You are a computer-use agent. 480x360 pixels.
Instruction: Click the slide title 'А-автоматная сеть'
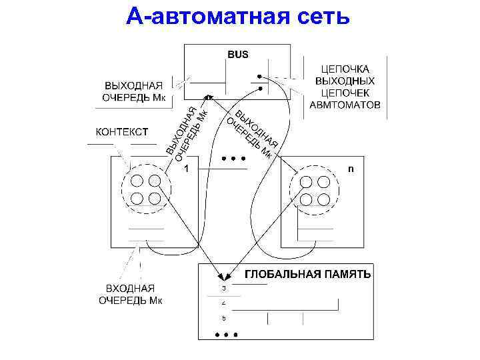pos(238,16)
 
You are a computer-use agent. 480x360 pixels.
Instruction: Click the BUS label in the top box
pos(237,54)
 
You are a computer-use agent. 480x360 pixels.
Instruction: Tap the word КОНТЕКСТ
pos(122,131)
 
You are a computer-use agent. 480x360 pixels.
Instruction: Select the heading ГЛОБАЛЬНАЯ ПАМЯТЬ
pos(309,274)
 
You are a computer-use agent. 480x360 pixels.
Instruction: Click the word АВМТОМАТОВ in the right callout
pos(345,105)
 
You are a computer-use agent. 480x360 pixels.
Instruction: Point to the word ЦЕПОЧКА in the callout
pos(345,69)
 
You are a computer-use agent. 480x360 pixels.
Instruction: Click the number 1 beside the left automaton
pos(187,169)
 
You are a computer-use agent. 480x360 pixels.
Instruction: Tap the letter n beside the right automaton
pos(351,169)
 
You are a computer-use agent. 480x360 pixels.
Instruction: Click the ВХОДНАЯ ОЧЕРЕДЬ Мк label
pos(131,294)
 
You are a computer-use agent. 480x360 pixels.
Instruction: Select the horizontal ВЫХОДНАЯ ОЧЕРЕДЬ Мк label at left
pos(133,91)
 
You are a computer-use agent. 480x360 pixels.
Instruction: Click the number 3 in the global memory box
pos(224,288)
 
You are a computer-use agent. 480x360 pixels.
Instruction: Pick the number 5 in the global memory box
pos(224,319)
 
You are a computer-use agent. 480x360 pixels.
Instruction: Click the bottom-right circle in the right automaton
pos(324,199)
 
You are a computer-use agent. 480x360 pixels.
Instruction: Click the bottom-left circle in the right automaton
pos(307,199)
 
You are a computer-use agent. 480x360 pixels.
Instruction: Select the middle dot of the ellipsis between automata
pos(233,159)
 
